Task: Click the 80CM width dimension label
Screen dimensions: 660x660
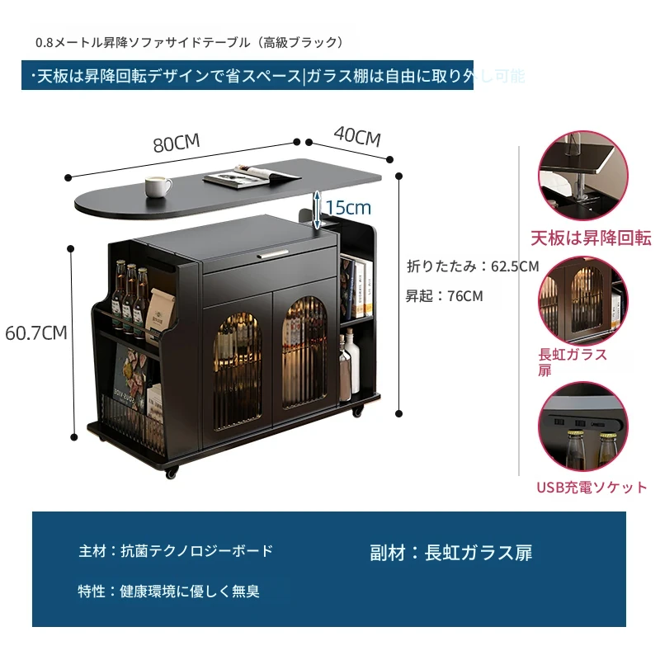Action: (177, 143)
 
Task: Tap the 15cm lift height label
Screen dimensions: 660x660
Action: (347, 206)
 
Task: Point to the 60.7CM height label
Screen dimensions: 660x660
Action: (36, 333)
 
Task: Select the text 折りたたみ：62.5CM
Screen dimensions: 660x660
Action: (473, 266)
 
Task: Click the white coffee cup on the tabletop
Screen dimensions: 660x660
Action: (158, 186)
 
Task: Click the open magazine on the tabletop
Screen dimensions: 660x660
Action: (252, 175)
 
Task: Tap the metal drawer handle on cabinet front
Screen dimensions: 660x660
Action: (280, 255)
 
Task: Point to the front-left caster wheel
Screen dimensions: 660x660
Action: (171, 474)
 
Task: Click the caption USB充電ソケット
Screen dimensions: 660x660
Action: (592, 488)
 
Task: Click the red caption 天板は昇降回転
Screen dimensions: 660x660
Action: (590, 238)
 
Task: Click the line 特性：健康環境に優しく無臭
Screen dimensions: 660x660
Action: (169, 592)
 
